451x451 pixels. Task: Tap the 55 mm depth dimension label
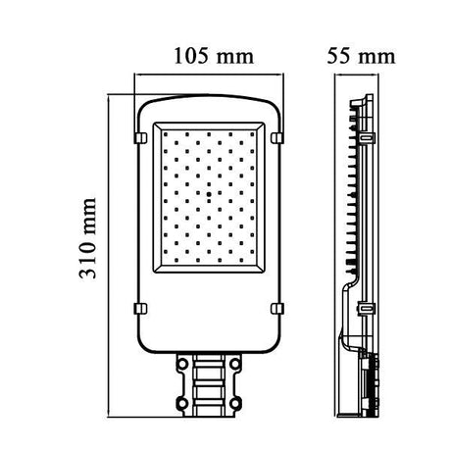click(359, 56)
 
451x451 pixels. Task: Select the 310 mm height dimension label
click(90, 251)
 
